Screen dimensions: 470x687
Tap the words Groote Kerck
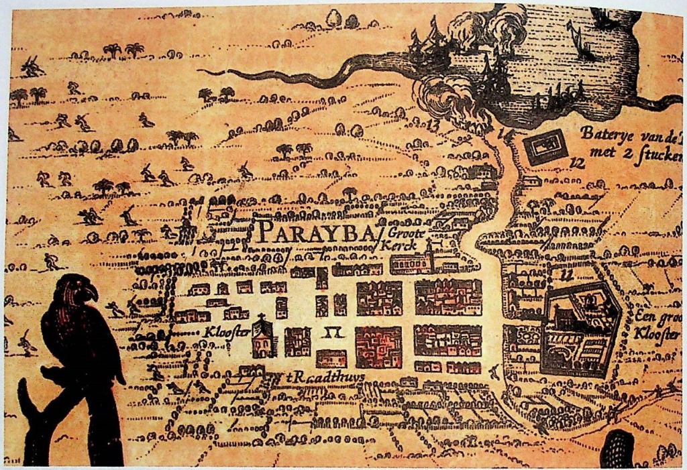[400, 240]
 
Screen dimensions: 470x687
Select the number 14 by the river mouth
[505, 134]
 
